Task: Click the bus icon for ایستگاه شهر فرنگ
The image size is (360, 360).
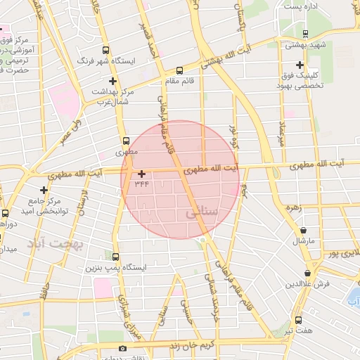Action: (106, 51)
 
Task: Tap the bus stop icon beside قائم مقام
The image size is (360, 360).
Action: (179, 70)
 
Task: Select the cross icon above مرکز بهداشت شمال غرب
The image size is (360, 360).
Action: (112, 81)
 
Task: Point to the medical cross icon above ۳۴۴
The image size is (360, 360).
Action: (142, 173)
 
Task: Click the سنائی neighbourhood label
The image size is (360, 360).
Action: (203, 212)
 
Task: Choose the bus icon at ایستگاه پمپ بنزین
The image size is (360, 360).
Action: (115, 257)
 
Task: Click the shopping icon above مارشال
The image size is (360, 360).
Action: (303, 230)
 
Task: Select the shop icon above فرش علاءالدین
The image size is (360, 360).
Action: (307, 273)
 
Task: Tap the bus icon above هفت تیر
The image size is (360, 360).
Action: (298, 320)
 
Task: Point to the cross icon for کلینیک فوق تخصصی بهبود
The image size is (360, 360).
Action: (300, 65)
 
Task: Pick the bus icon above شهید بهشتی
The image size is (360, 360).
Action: (304, 34)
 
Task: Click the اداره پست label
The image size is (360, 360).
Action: (301, 6)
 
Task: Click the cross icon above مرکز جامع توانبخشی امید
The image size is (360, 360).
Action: (44, 190)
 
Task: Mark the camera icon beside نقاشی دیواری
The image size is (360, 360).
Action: (123, 349)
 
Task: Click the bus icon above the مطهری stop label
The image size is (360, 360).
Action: (127, 139)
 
